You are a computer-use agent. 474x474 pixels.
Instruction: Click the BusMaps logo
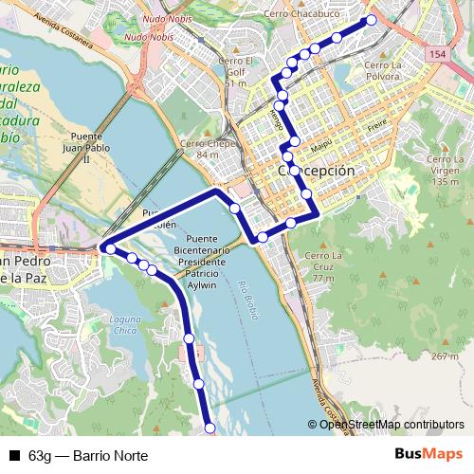pos(428,455)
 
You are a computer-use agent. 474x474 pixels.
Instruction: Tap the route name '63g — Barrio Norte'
pos(88,456)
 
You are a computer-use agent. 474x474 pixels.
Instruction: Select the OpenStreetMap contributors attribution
pos(392,425)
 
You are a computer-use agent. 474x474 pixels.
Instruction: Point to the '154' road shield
pos(436,56)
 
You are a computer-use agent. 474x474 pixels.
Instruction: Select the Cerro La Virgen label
pos(443,165)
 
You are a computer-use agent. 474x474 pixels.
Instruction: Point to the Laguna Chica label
pos(123,324)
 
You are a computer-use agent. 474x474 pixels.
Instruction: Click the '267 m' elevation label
pos(444,355)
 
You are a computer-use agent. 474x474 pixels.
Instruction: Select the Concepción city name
pos(317,171)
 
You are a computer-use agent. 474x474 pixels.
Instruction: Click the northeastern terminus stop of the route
pos(371,20)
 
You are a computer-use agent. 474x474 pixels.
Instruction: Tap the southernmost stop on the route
pos(210,429)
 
